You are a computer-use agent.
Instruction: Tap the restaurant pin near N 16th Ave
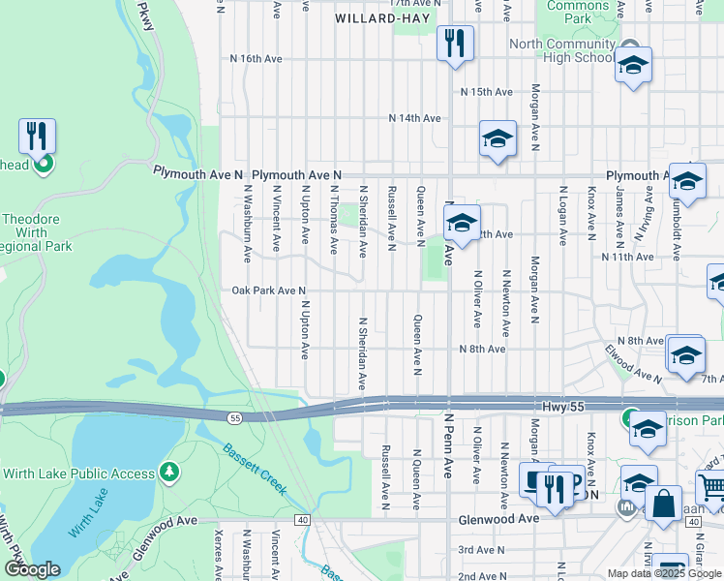click(x=454, y=43)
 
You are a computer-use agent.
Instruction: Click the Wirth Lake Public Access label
click(x=79, y=474)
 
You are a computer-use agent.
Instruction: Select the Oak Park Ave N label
click(x=269, y=290)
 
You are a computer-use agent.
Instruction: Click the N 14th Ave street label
click(x=415, y=118)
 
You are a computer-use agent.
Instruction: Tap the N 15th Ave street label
click(x=486, y=92)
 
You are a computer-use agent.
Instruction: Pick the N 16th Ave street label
click(x=256, y=59)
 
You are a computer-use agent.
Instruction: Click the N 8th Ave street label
click(x=483, y=349)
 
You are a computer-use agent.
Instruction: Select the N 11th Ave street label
click(x=627, y=258)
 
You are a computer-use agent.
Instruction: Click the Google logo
click(x=32, y=569)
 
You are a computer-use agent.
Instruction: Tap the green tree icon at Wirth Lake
click(x=169, y=473)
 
